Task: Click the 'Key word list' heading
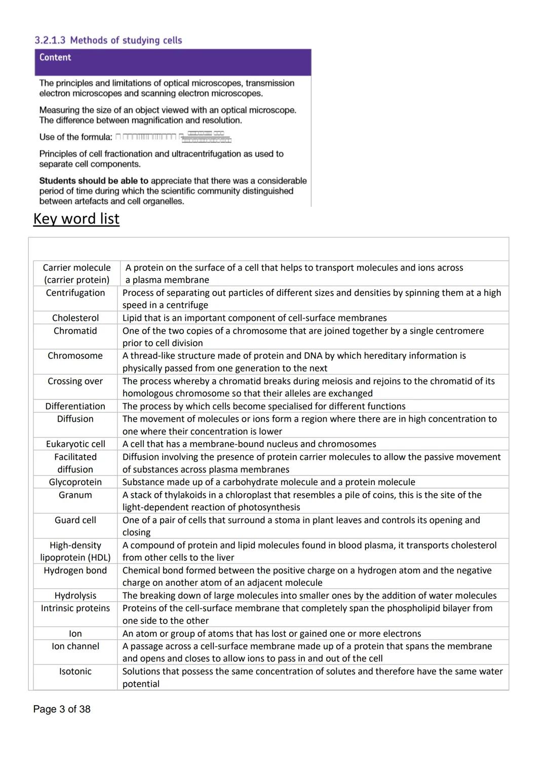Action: point(76,218)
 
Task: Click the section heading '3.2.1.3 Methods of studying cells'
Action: point(108,40)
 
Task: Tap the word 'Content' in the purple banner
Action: point(55,57)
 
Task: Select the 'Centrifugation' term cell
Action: point(75,293)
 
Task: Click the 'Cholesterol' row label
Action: point(75,318)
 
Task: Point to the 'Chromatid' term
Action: point(75,330)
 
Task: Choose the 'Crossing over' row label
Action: point(75,381)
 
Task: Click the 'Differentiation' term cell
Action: point(75,406)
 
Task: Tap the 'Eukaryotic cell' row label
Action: point(75,444)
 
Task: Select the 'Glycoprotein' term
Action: point(75,482)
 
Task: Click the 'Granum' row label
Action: point(75,495)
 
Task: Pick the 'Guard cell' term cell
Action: point(75,520)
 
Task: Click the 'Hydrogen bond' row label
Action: point(75,570)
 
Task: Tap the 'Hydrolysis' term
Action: point(75,596)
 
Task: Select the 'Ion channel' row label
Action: point(75,646)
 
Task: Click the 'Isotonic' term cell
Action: point(75,671)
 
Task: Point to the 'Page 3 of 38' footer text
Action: point(62,709)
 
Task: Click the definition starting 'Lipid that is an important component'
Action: point(254,318)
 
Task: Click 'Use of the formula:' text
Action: point(75,137)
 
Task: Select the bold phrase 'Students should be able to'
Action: point(94,180)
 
